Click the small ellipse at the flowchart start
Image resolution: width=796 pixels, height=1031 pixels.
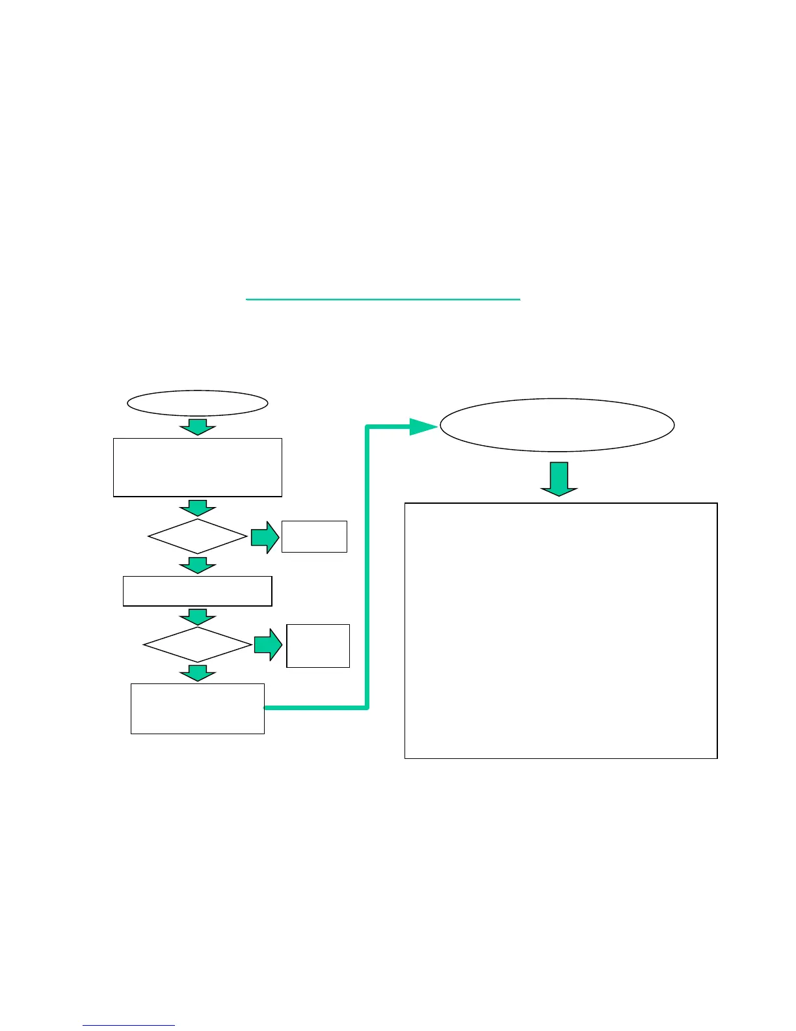click(197, 404)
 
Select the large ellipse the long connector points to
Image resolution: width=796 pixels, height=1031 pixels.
click(557, 425)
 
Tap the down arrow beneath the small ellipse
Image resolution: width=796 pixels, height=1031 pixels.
click(197, 427)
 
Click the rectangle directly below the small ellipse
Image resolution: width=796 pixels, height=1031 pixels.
click(198, 467)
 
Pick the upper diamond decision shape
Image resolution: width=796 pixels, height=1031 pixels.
click(198, 536)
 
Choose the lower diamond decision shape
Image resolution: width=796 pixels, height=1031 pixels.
click(198, 644)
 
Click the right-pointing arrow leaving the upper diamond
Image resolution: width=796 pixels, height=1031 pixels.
click(265, 537)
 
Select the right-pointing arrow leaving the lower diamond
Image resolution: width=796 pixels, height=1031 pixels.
click(267, 645)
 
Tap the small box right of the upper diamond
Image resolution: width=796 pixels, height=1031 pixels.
click(314, 536)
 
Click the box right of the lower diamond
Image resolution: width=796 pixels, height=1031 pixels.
click(318, 646)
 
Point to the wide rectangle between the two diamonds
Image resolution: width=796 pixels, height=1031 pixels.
click(198, 591)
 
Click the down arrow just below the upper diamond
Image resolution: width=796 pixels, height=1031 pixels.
click(197, 564)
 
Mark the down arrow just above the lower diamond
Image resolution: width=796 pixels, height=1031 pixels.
click(197, 617)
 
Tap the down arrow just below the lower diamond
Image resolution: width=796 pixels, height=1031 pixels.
click(197, 673)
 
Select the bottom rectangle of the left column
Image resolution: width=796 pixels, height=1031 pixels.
click(198, 709)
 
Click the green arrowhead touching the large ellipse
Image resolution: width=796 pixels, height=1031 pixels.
click(423, 427)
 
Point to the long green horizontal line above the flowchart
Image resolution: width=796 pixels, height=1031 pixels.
click(383, 299)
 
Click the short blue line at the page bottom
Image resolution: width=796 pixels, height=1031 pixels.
click(129, 1026)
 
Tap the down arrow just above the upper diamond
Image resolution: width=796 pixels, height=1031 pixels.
click(197, 508)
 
